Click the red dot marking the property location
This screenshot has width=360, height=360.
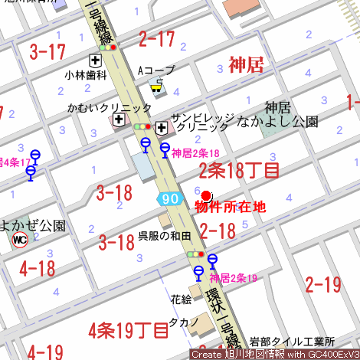tap(206, 196)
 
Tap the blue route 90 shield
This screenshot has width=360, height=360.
tap(171, 198)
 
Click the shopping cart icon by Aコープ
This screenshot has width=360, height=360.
tap(157, 87)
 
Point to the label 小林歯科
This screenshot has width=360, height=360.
tap(85, 75)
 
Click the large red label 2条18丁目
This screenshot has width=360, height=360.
tap(239, 170)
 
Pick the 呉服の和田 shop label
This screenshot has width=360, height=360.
tap(164, 236)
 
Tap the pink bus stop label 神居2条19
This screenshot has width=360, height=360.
tap(233, 277)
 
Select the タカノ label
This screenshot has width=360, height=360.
tap(184, 322)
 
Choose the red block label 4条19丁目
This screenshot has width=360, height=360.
tap(128, 331)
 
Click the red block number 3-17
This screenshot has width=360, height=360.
tap(47, 52)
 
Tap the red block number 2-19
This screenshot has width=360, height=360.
tap(322, 285)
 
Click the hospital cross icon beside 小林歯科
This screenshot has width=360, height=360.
tap(96, 61)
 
